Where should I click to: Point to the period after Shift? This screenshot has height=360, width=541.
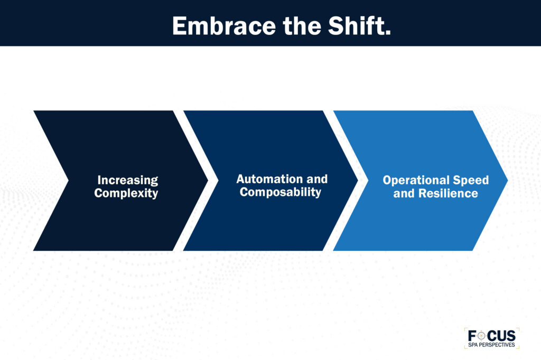[x=388, y=33]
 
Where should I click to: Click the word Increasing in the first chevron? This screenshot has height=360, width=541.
[x=127, y=181]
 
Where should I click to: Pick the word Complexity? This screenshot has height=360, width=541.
[x=126, y=193]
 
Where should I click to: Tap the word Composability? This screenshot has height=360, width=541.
[x=281, y=192]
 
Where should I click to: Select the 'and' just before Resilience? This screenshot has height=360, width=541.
[x=404, y=193]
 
